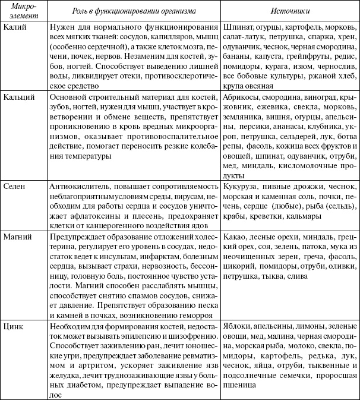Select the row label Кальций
point(18,96)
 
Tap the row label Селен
point(15,185)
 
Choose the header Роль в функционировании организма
point(134,11)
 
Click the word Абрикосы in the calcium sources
point(242,96)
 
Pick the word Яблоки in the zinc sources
point(239,327)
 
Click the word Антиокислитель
point(80,185)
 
